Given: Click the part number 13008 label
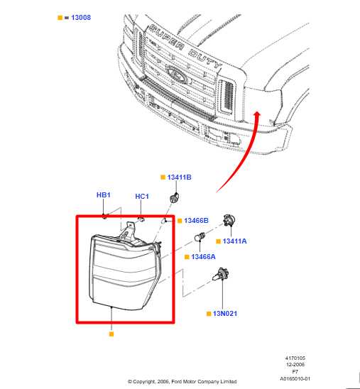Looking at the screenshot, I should tap(80, 17).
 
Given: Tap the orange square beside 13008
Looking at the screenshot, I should tap(60, 17).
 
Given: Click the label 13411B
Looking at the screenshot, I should tap(180, 177).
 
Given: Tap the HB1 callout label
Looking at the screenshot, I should tap(104, 194).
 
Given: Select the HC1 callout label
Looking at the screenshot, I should tap(142, 197).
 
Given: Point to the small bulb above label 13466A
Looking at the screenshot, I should tap(201, 239).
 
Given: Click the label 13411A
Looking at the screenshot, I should tap(235, 241).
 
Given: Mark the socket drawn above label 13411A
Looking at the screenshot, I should tap(229, 221).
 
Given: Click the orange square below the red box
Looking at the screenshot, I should tap(111, 332).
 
